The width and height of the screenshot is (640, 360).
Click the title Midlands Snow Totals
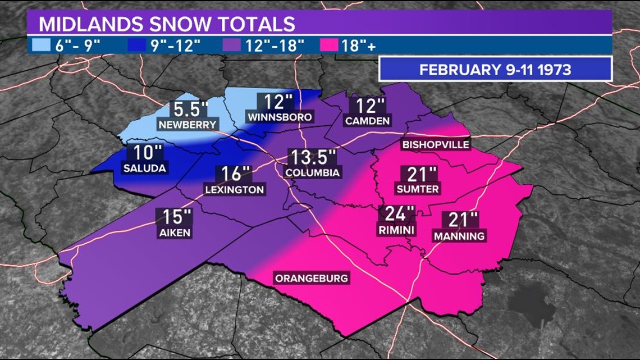166,24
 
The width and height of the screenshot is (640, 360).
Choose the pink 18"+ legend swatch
330,45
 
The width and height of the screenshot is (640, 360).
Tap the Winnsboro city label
280,117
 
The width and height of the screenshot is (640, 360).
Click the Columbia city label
312,172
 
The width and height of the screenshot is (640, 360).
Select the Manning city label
459,236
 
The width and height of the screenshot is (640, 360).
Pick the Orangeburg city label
311,278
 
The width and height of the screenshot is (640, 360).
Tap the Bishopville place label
436,145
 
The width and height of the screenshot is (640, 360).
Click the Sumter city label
417,189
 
